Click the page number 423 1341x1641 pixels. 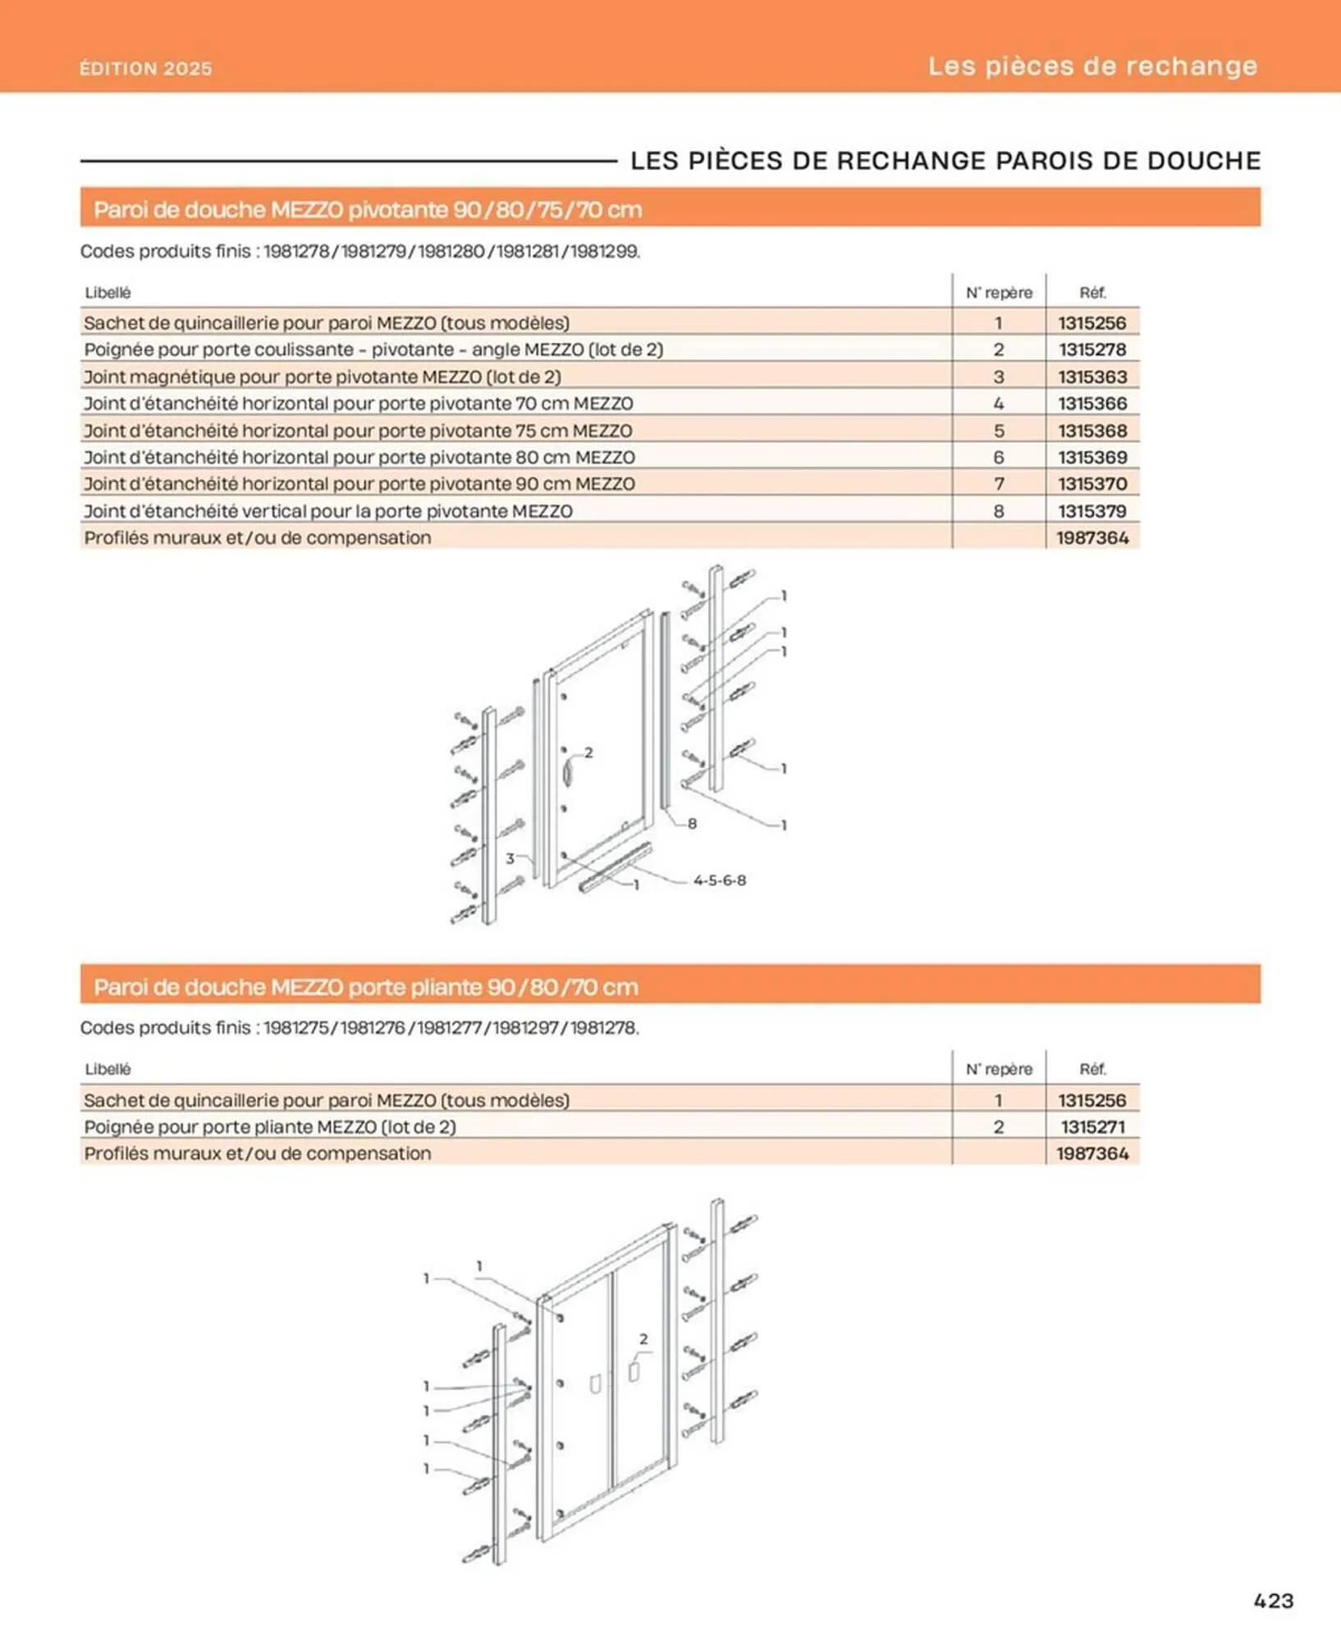click(x=1273, y=1600)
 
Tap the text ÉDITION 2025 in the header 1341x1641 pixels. click(x=146, y=69)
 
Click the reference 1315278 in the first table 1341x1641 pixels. click(x=1092, y=350)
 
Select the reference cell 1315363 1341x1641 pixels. click(x=1092, y=377)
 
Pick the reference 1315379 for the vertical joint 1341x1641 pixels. click(x=1092, y=511)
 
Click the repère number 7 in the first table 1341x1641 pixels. click(x=999, y=484)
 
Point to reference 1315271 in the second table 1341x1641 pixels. click(x=1092, y=1127)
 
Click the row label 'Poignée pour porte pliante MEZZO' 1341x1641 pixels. click(x=270, y=1127)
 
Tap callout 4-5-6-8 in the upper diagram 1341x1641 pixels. click(x=719, y=880)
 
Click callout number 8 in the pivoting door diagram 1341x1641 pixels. click(x=692, y=823)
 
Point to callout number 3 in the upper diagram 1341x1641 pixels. click(x=510, y=858)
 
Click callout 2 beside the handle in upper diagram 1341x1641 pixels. click(x=588, y=752)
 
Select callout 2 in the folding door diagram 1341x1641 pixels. click(x=643, y=1339)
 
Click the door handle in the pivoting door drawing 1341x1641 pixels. click(x=567, y=773)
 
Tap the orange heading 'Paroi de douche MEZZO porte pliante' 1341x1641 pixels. click(x=366, y=986)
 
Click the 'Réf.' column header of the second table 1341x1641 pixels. click(x=1092, y=1069)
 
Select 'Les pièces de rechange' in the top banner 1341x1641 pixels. click(x=1092, y=66)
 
